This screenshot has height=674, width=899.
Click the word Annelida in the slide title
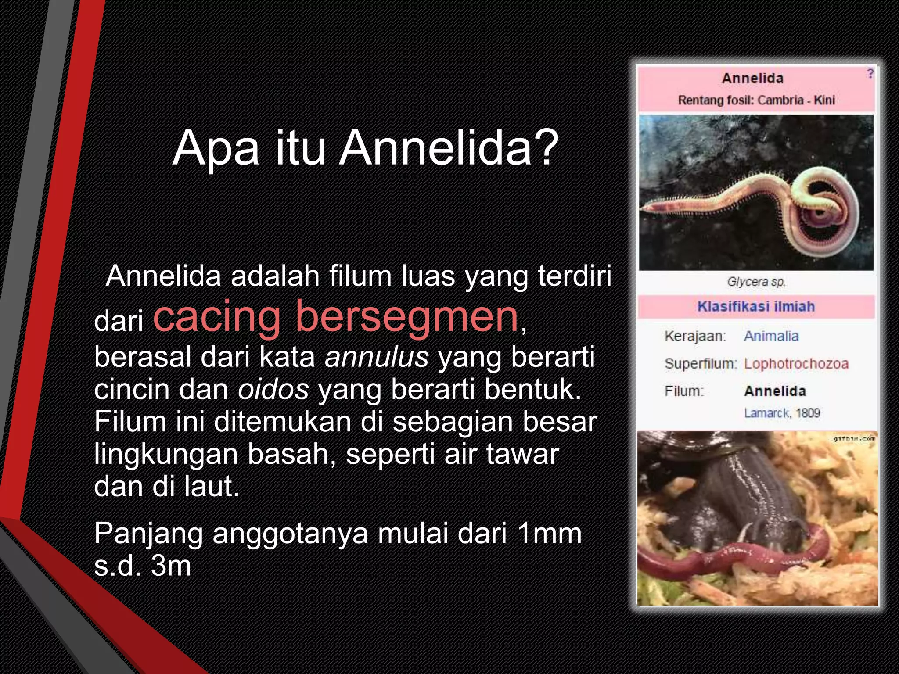[435, 148]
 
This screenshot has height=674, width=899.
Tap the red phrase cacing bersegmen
[335, 316]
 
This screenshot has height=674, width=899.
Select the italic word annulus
[377, 357]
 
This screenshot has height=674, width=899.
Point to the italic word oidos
[273, 389]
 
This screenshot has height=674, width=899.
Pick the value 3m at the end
[171, 566]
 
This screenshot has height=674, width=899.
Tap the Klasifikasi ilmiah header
[756, 306]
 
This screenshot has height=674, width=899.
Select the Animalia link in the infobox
[771, 336]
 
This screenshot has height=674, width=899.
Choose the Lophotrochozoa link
[796, 364]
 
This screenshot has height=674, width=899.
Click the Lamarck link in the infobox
[766, 413]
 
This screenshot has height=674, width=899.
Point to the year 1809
[808, 413]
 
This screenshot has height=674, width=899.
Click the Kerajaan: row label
[695, 336]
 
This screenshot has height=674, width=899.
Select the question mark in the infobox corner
[870, 74]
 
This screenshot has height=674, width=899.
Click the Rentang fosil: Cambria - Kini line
[756, 100]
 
